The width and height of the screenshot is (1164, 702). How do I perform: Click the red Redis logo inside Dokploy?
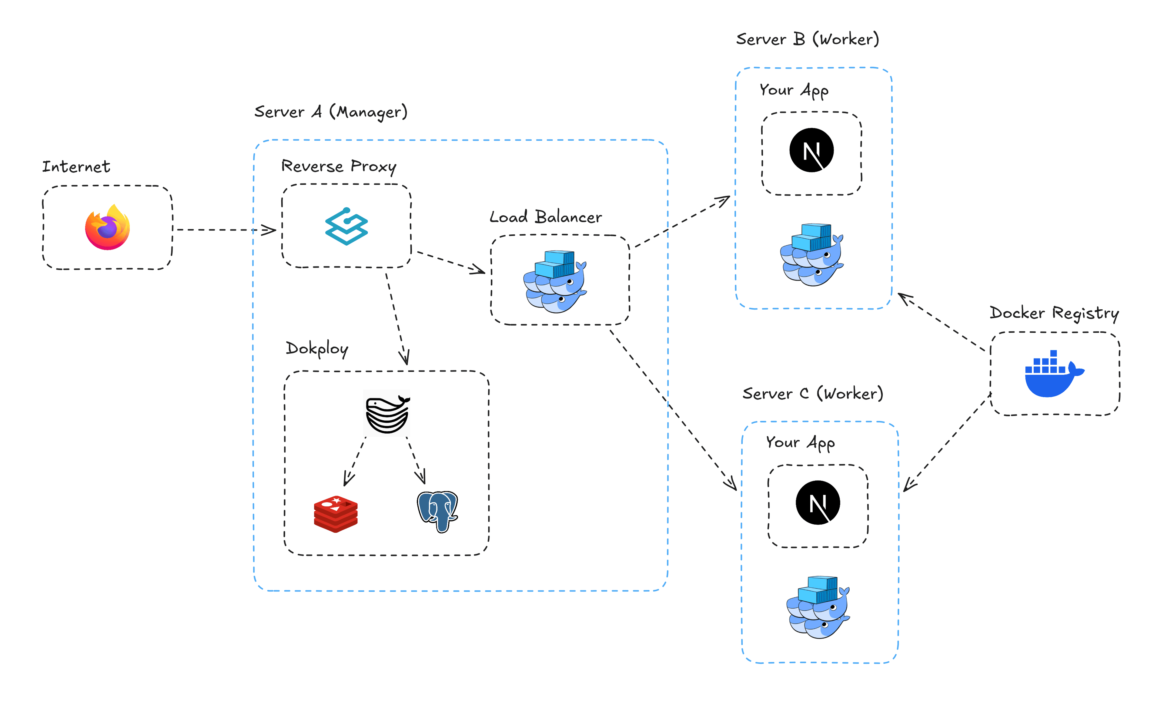tap(335, 514)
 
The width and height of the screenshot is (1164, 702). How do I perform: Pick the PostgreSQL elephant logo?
tap(437, 511)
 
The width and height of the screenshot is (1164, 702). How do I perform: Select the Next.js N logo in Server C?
tap(818, 502)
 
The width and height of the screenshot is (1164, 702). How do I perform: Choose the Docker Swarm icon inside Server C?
tap(818, 607)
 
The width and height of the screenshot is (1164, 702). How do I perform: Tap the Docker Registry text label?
tap(1054, 313)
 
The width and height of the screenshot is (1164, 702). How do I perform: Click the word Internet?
tap(76, 166)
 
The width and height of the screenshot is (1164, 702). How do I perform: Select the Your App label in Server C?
tap(800, 442)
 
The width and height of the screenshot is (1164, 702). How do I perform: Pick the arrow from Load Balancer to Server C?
tap(671, 407)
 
